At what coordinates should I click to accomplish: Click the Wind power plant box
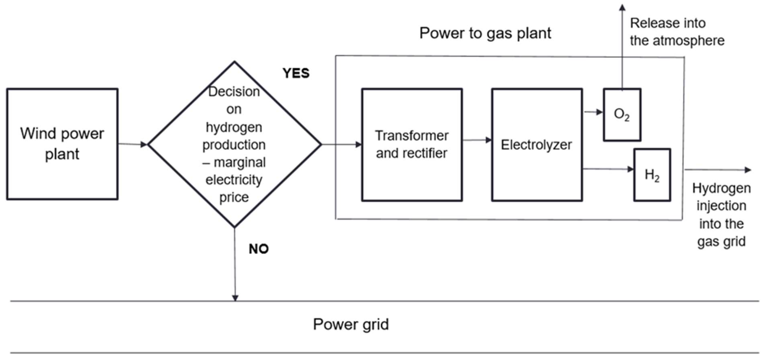click(x=62, y=144)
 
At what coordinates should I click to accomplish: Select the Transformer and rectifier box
click(x=412, y=145)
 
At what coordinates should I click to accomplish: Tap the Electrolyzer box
click(x=537, y=145)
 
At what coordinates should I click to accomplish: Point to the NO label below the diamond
click(x=259, y=249)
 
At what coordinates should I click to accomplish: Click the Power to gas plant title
click(x=485, y=33)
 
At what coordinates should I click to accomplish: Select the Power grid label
click(x=351, y=324)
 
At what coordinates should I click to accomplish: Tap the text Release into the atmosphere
click(x=677, y=32)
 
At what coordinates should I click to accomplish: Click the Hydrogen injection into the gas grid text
click(x=721, y=215)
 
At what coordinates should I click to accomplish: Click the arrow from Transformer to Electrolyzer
click(x=477, y=140)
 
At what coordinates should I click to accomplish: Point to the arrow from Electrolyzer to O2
click(x=593, y=112)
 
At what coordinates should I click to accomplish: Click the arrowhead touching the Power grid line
click(x=235, y=298)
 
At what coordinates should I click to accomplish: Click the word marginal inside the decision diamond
click(x=239, y=162)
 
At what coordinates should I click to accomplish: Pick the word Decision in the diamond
click(x=234, y=92)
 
